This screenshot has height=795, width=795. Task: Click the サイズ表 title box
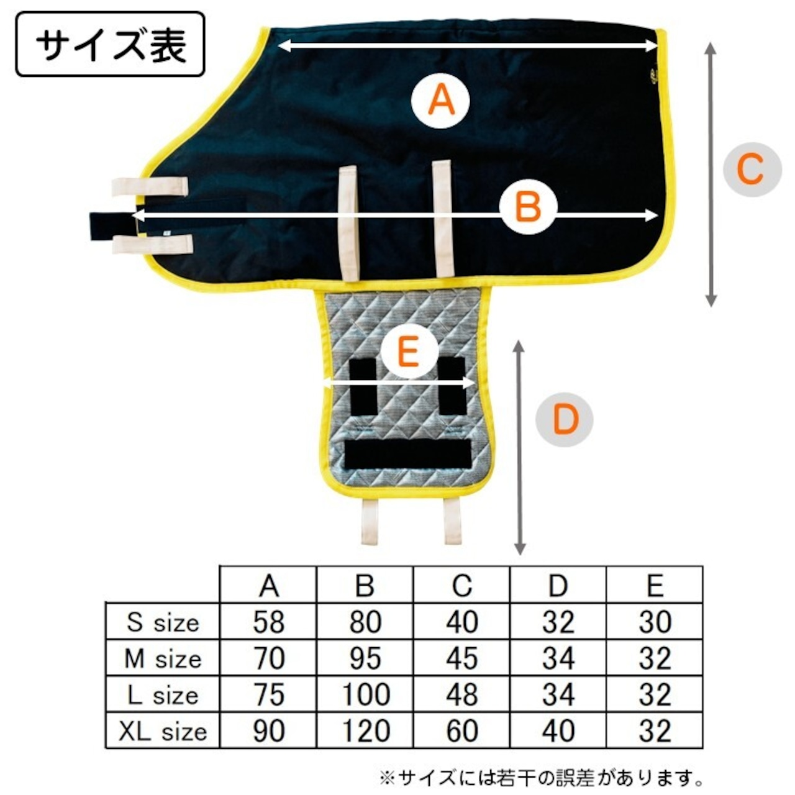pos(110,44)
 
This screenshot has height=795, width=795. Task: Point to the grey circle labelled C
pos(752,169)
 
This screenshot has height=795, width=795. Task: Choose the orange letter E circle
pos(408,353)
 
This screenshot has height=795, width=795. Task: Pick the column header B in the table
pos(365,585)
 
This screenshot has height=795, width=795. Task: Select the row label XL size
pos(163,731)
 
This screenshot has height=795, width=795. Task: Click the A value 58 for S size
pos(269,622)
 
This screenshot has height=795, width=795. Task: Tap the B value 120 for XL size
pos(365,731)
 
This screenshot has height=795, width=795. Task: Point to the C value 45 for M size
pos(461,658)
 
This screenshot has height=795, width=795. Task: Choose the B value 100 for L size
pos(365,694)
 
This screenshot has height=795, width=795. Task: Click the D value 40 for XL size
pos(558,731)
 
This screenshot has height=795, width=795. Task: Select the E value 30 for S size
pos(655,622)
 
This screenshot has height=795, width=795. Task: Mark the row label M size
pos(163,658)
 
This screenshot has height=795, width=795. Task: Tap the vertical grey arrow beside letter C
pos(711,174)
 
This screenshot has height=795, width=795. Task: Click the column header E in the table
pos(655,585)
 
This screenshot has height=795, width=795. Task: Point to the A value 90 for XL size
pos(269,731)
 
